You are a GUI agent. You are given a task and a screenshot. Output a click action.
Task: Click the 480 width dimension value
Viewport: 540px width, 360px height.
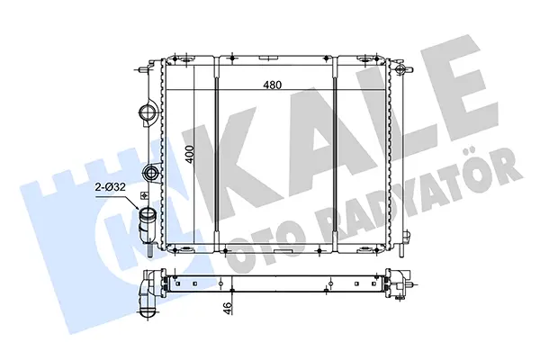coord(272,85)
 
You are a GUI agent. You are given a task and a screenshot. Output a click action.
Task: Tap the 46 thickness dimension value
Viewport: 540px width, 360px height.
coord(228,307)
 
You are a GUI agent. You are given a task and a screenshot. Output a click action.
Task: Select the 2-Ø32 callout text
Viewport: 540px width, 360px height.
coord(110,187)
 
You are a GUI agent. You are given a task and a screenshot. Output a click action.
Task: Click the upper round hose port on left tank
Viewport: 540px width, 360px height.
coord(148,112)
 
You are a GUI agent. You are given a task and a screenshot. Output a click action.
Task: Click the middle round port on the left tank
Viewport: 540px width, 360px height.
coord(150,171)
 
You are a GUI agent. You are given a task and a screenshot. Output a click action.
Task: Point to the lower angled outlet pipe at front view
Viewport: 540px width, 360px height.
coord(147,226)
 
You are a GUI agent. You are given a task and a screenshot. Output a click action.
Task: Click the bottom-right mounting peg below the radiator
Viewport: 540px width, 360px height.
coord(402,250)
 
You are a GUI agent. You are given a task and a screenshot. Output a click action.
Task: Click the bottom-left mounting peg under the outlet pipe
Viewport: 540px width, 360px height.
coord(151,250)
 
